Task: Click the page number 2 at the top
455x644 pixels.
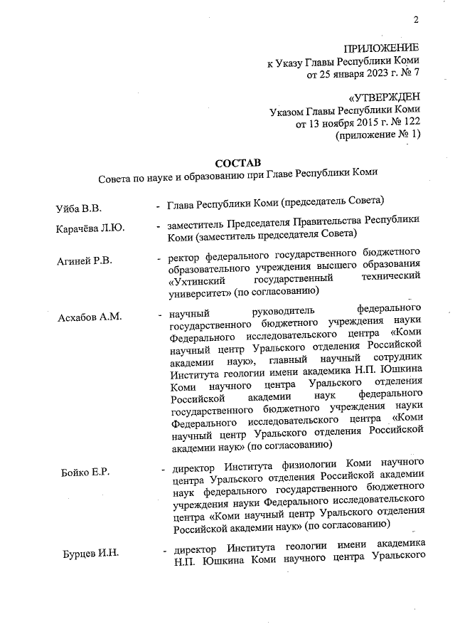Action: [x=417, y=20]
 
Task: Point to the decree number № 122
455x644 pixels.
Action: [x=404, y=122]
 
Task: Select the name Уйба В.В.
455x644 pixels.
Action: [x=79, y=208]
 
